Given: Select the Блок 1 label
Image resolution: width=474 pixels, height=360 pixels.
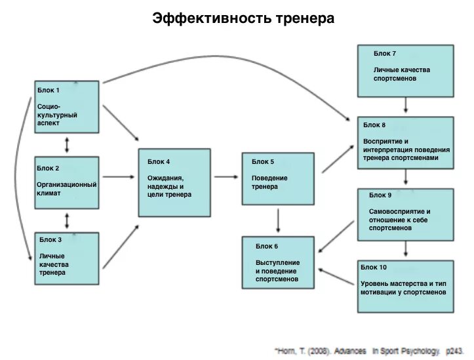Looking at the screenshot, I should point(49,90).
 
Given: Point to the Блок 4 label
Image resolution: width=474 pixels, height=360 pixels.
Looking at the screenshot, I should point(159,161).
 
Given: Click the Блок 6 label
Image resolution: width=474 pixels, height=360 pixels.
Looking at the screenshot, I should point(267,245).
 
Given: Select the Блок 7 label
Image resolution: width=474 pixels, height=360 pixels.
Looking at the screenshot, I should point(385,53).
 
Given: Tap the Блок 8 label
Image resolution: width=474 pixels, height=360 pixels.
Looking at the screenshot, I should point(374,125).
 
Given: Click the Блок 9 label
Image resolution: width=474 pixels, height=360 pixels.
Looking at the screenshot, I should point(380,195).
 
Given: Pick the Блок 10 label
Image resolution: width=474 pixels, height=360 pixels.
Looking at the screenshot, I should point(374,267).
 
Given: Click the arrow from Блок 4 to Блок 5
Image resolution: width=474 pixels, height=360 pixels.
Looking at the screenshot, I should point(226,176).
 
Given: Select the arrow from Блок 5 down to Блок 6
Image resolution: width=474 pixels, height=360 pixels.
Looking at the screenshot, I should point(279,221).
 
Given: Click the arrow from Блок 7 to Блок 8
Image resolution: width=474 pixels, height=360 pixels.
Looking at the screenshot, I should point(406,105).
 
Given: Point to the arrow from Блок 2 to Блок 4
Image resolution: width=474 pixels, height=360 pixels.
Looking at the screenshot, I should point(118,176).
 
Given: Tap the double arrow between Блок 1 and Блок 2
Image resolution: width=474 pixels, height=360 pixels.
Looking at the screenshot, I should point(66,144).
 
